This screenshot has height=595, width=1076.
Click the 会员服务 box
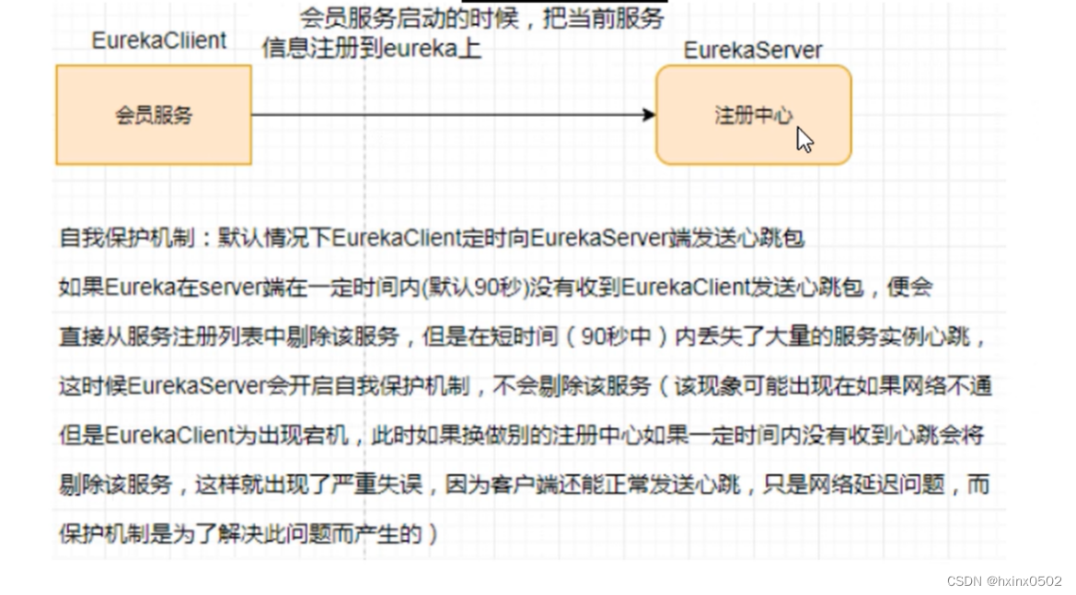coord(154,115)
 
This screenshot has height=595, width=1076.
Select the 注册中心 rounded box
coord(753,115)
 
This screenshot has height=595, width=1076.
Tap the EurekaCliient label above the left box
coord(159,41)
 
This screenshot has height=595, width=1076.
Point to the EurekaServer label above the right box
coord(753,50)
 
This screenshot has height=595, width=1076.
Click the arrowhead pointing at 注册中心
coord(649,115)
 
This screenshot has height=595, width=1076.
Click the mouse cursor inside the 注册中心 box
coord(804,140)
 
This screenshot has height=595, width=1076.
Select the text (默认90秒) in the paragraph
coord(487,287)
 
